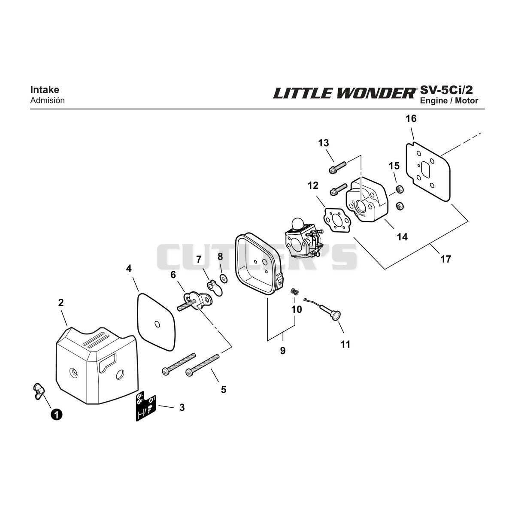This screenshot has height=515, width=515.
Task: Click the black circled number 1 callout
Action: pyautogui.click(x=56, y=415)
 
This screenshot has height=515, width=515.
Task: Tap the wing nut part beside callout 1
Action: pyautogui.click(x=39, y=391)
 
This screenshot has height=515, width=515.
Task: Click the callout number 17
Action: pyautogui.click(x=445, y=259)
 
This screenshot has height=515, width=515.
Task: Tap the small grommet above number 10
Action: pyautogui.click(x=294, y=291)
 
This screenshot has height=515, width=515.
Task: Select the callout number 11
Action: pyautogui.click(x=345, y=344)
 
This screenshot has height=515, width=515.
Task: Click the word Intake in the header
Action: pyautogui.click(x=45, y=90)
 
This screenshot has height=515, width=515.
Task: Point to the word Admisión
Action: pyautogui.click(x=48, y=100)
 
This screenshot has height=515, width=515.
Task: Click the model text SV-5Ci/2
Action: pyautogui.click(x=446, y=90)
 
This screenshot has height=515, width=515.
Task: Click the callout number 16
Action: pyautogui.click(x=411, y=118)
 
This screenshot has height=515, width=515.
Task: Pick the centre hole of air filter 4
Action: pyautogui.click(x=157, y=324)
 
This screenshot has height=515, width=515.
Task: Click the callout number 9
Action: pyautogui.click(x=283, y=350)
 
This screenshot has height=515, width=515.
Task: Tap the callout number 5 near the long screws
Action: pyautogui.click(x=224, y=389)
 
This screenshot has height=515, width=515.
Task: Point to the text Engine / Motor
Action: pyautogui.click(x=449, y=101)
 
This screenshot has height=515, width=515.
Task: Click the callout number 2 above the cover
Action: pyautogui.click(x=61, y=303)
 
